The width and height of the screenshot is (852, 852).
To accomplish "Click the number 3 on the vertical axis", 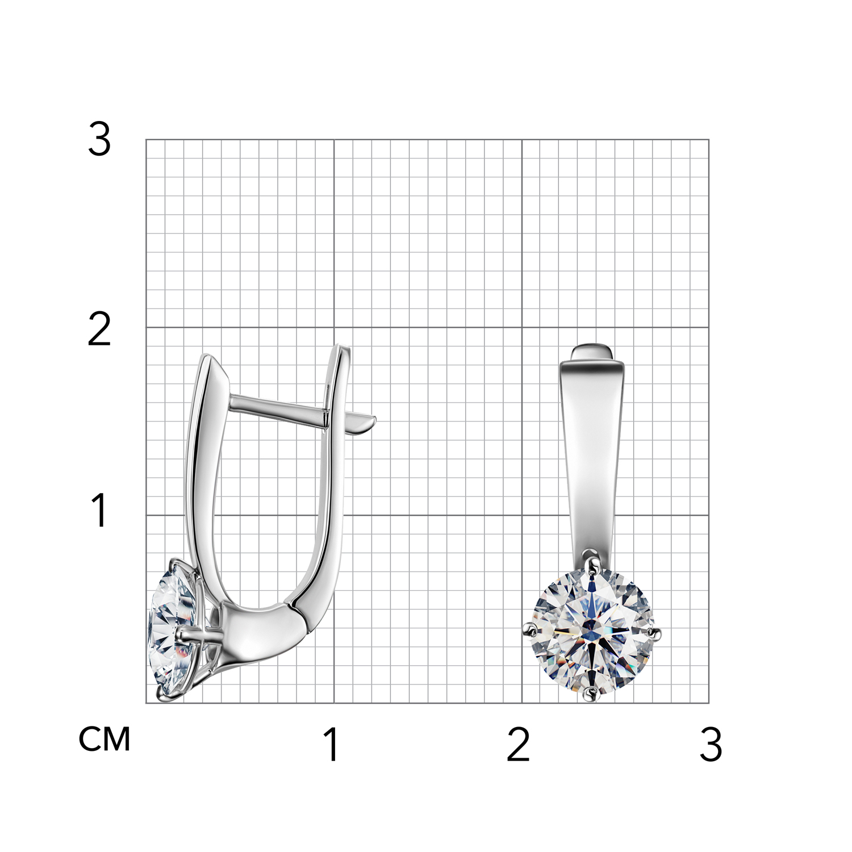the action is pos(99,140).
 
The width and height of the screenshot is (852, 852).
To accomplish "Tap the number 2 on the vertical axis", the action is pos(99,329).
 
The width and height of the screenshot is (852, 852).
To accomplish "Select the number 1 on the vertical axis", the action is pos(99,509).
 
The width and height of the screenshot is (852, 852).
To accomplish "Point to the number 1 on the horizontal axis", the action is pos(332,744).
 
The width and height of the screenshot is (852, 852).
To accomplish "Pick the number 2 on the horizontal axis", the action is pos(518,744).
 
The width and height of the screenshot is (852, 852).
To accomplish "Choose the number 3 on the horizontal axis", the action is pos(711,744).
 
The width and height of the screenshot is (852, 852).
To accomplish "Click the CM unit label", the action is pos(105,739).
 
